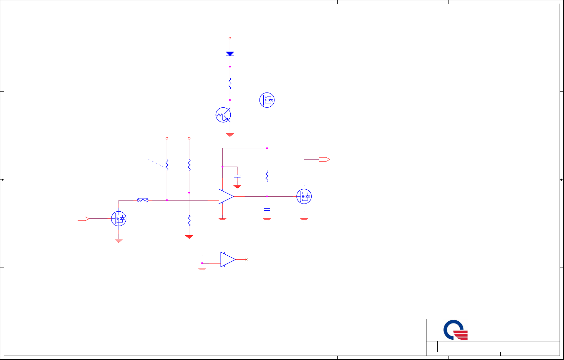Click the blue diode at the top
click(x=230, y=54)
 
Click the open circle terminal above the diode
click(x=230, y=38)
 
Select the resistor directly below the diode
click(x=230, y=83)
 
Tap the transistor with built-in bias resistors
click(x=223, y=115)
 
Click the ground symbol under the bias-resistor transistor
click(x=230, y=135)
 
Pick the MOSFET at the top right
click(x=267, y=100)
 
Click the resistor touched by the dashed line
click(x=167, y=165)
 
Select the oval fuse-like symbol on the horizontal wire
click(x=143, y=200)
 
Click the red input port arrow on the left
click(x=83, y=219)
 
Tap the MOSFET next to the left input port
click(x=119, y=219)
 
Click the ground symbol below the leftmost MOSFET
click(x=119, y=241)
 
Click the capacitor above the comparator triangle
click(x=237, y=176)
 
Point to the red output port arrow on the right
click(x=324, y=160)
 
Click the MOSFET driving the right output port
click(x=304, y=196)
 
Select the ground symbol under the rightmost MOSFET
click(x=304, y=220)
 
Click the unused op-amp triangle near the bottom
click(x=228, y=259)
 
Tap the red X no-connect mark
click(x=247, y=259)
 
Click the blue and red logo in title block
click(x=456, y=330)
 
